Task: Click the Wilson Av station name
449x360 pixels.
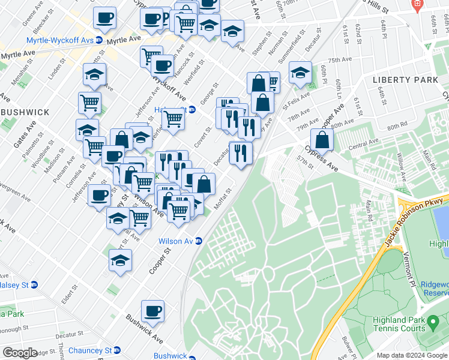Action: pos(175,241)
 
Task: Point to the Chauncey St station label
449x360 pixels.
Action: pos(90,350)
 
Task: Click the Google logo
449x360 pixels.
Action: pos(20,353)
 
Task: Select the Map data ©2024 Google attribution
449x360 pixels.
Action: pos(412,355)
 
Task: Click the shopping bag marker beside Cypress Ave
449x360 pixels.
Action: pos(322,140)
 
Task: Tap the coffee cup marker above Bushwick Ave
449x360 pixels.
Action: pos(152,311)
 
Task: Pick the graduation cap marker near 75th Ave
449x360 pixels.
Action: pos(300,73)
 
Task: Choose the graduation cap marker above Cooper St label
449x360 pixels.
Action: pos(120,260)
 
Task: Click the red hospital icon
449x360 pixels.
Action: pos(416,4)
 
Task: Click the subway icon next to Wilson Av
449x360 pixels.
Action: pos(199,241)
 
